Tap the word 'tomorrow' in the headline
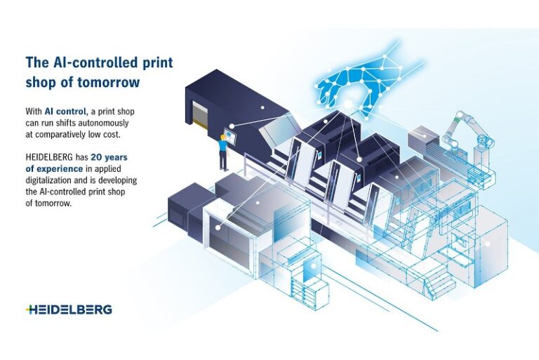pyautogui.click(x=108, y=82)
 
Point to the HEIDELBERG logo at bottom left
pyautogui.click(x=68, y=309)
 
